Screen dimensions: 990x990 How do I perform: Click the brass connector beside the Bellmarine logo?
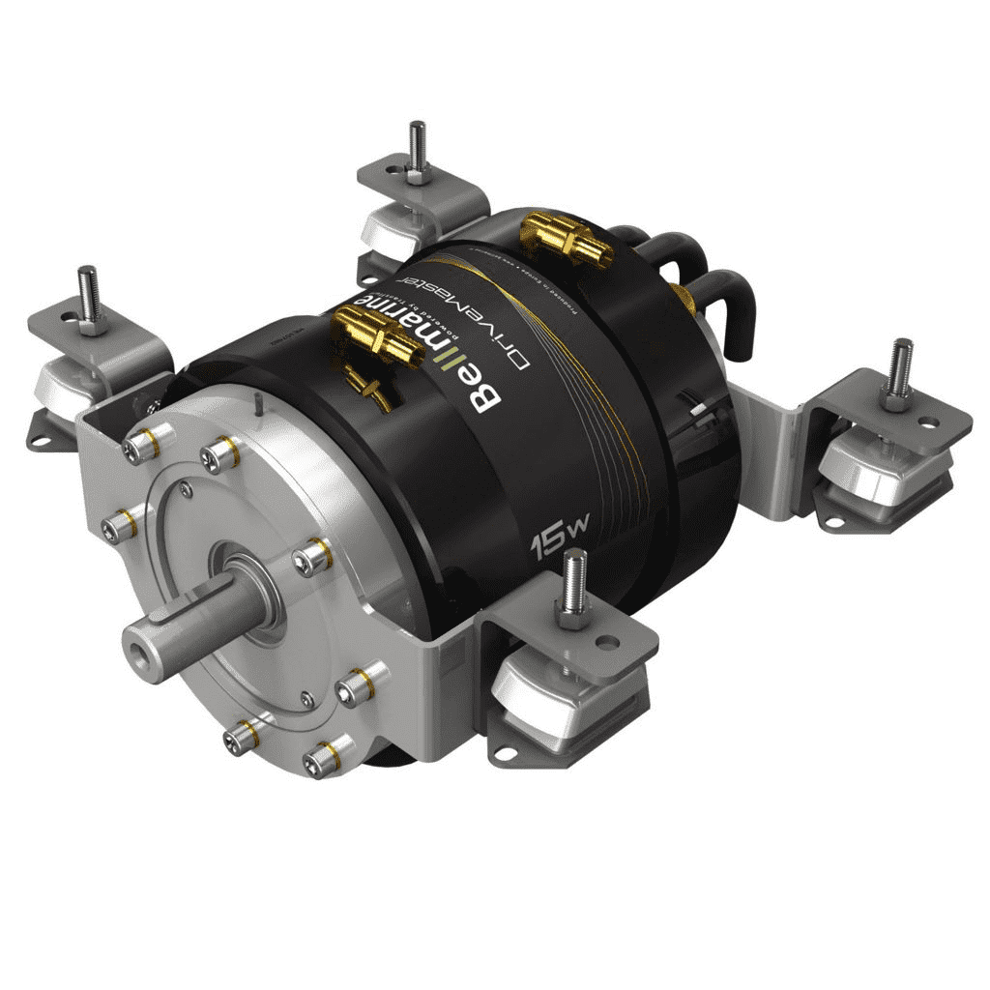click(x=379, y=339)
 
